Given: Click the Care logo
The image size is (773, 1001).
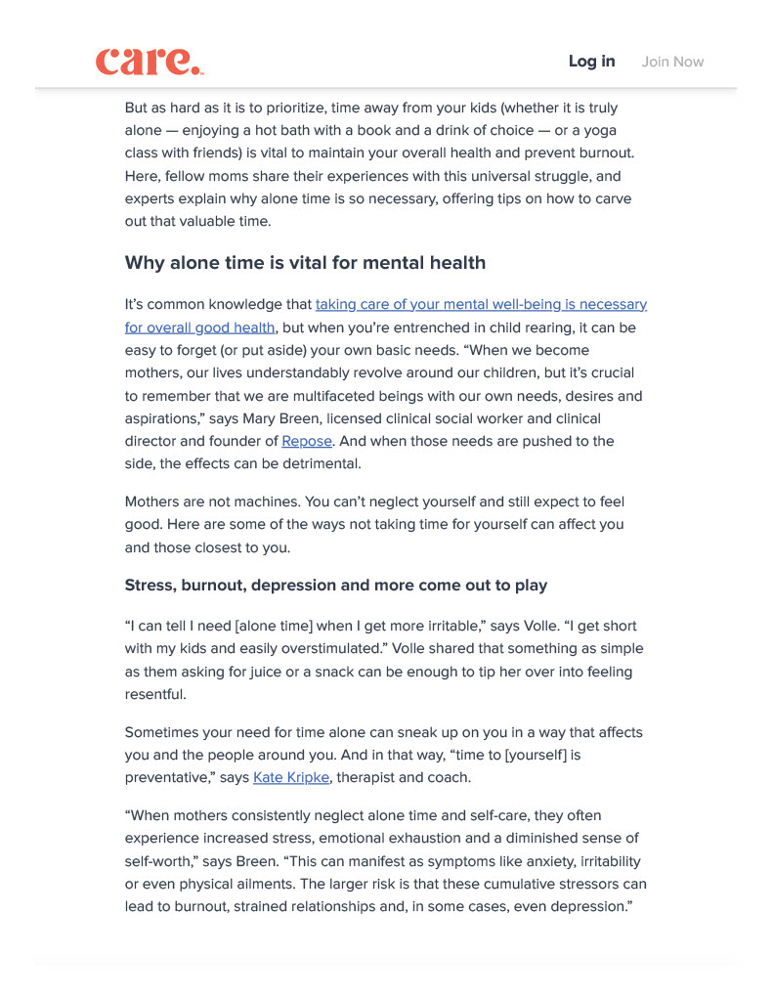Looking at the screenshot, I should point(150,61).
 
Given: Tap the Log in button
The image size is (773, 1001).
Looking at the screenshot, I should point(591,62).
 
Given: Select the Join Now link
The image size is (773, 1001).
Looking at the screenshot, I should point(672,62).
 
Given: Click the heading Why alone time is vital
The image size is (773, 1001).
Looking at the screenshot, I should point(305,263).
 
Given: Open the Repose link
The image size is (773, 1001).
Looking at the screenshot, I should point(307,442).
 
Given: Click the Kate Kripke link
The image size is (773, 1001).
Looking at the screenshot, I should point(292,778).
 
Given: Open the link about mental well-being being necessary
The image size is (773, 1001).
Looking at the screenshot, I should point(481,305).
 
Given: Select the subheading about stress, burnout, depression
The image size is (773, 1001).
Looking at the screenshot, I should point(336,586).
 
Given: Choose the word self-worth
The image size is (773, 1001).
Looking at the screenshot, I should point(158,861).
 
